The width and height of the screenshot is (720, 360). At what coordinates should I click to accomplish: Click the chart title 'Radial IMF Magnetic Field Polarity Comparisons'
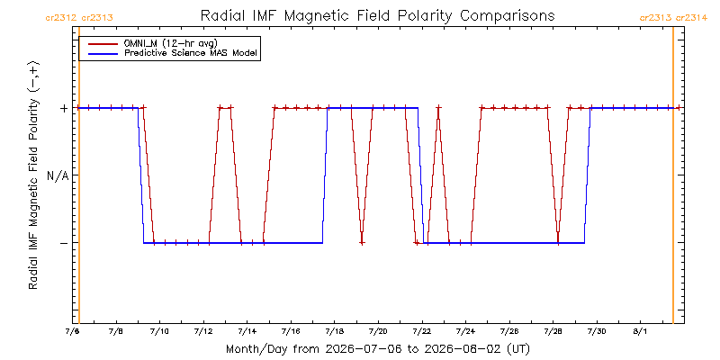[377, 15]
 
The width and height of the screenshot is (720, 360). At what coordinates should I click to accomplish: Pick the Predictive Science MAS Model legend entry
[171, 53]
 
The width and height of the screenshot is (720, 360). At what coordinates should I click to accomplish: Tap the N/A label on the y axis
[58, 175]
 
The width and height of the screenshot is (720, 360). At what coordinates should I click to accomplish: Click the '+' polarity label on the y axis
[63, 108]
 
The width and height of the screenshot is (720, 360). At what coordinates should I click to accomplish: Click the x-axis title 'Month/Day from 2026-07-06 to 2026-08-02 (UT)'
[377, 349]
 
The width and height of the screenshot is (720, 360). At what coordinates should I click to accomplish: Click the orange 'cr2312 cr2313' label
[79, 18]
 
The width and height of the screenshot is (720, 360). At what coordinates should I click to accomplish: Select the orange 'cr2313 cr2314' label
[673, 18]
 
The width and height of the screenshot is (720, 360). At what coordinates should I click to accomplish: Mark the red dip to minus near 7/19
[362, 242]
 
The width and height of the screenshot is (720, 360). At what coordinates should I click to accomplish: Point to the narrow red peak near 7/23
[438, 108]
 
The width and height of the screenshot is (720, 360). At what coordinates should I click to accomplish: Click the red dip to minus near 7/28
[558, 241]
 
